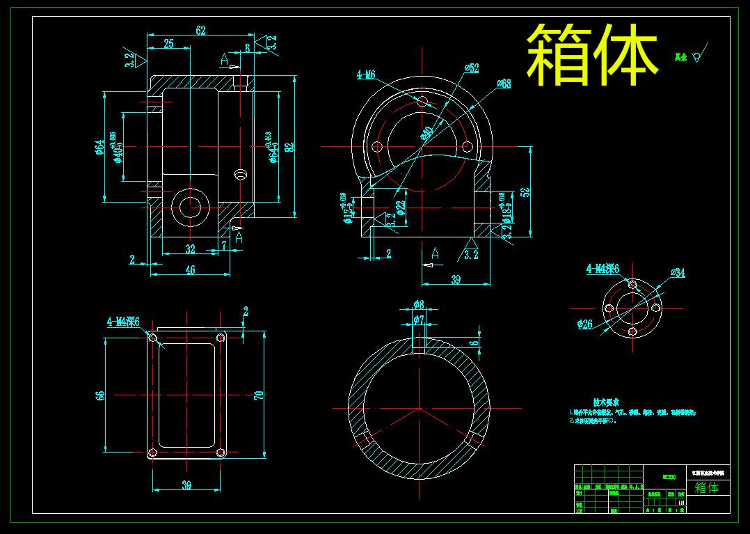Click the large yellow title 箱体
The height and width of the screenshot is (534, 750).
pyautogui.click(x=591, y=54)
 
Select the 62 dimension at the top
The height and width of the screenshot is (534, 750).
pyautogui.click(x=200, y=31)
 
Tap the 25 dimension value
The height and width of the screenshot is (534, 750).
pyautogui.click(x=168, y=44)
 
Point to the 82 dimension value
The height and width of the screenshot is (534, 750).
pyautogui.click(x=289, y=147)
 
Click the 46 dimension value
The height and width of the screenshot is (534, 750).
pyautogui.click(x=190, y=270)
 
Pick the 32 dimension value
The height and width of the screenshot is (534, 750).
pyautogui.click(x=190, y=249)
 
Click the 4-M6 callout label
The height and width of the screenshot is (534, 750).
pyautogui.click(x=366, y=74)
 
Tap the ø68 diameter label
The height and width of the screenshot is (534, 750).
pyautogui.click(x=503, y=84)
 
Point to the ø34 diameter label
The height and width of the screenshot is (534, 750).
pyautogui.click(x=678, y=273)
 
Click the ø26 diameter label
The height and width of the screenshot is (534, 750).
pyautogui.click(x=584, y=324)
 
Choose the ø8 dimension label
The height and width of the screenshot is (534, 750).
pyautogui.click(x=418, y=305)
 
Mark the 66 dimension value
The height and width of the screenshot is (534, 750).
pyautogui.click(x=100, y=395)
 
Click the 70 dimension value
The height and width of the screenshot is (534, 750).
pyautogui.click(x=259, y=395)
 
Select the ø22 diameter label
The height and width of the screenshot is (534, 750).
pyautogui.click(x=400, y=207)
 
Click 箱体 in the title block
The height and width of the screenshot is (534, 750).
pyautogui.click(x=707, y=487)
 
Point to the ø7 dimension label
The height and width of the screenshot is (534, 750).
pyautogui.click(x=418, y=319)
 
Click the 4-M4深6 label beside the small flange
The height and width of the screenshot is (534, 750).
pyautogui.click(x=603, y=268)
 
